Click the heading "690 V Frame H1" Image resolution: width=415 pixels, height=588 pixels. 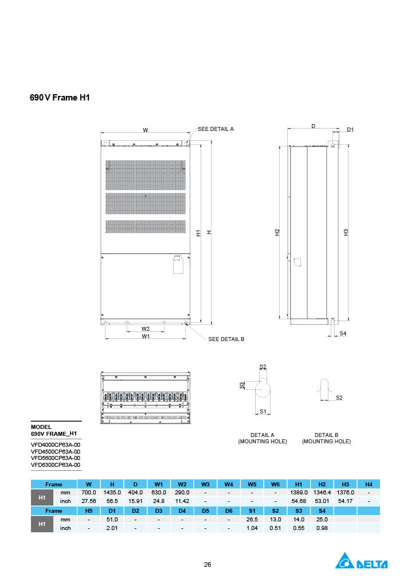(60, 98)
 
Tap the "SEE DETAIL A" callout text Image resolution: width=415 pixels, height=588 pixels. (216, 129)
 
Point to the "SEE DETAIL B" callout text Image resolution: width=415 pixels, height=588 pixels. (226, 339)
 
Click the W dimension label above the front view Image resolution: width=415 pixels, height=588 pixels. (145, 130)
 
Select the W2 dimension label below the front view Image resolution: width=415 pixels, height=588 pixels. (146, 329)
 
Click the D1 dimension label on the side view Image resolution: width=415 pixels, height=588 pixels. (350, 130)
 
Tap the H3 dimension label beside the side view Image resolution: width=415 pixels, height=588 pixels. (346, 232)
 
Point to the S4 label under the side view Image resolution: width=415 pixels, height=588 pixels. (343, 334)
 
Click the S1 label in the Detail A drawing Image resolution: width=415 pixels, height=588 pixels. (263, 411)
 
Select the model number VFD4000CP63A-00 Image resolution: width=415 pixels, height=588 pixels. (56, 444)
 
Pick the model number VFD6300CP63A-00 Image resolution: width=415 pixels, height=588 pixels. (56, 465)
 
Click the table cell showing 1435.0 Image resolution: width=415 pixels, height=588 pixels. (112, 493)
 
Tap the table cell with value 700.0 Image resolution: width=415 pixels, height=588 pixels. (89, 493)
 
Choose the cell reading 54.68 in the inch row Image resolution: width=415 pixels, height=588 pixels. (298, 501)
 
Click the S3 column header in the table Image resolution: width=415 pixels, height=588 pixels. (298, 510)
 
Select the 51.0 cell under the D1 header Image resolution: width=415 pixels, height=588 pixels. (112, 519)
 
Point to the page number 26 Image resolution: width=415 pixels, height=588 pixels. (207, 564)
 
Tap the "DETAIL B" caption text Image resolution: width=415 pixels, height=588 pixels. (326, 435)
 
